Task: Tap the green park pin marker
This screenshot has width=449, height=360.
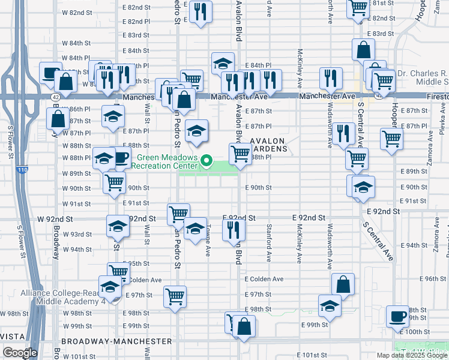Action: coord(207,160)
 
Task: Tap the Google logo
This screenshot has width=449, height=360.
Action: coord(19,353)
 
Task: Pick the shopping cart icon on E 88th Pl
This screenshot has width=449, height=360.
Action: coord(240,154)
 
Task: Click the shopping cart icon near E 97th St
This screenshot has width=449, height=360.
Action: coord(175,296)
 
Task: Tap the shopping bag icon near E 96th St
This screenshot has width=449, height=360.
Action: coord(343,284)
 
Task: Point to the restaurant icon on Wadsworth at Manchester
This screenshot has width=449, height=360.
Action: coord(331,77)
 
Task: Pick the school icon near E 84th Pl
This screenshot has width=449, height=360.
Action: coord(223,63)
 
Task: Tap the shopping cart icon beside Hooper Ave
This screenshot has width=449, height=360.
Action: coord(391,139)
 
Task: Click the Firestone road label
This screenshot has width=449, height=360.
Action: coord(432,95)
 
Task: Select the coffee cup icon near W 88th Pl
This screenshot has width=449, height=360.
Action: coord(121,158)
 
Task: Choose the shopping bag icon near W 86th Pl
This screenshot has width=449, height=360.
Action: coord(58,118)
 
